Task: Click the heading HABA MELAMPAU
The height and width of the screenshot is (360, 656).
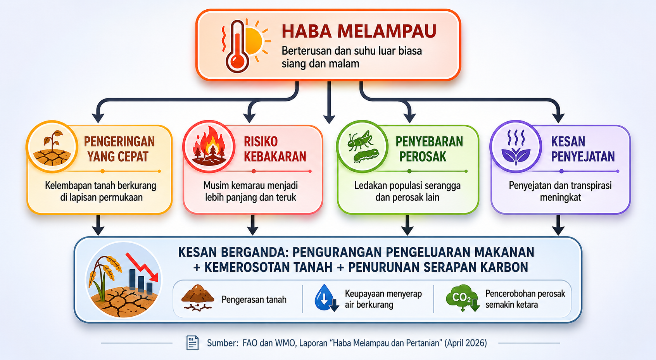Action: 359,32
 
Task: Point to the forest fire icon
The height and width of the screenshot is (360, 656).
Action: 209,146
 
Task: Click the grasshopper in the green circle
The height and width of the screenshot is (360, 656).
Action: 360,140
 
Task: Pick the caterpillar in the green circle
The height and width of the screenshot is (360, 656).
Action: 366,155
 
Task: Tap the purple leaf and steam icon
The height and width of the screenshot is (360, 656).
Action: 516,146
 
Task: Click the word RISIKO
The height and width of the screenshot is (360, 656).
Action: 261,142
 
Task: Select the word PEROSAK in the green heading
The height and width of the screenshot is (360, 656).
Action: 423,157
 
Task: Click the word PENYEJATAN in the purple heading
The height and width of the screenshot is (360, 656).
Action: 583,157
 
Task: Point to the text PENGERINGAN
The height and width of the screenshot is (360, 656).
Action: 119,142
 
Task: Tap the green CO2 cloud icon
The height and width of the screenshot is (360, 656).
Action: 462,298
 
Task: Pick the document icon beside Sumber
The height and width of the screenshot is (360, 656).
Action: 192,343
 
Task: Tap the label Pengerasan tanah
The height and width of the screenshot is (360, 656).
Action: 254,300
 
